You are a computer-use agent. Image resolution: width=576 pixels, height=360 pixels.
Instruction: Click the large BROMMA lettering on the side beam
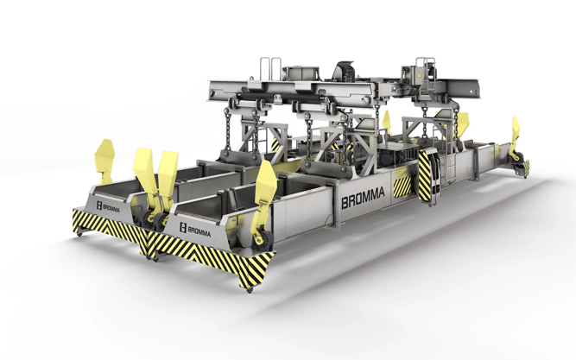pos(363,198)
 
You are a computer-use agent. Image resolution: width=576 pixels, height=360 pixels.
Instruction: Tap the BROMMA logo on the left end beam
pos(108,207)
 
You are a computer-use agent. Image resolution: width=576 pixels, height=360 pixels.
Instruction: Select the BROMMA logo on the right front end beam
pos(195,230)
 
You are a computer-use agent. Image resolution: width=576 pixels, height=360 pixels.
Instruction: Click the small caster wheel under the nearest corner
pos(250,290)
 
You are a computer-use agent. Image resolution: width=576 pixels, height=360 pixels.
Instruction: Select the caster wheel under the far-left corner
pos(79,233)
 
